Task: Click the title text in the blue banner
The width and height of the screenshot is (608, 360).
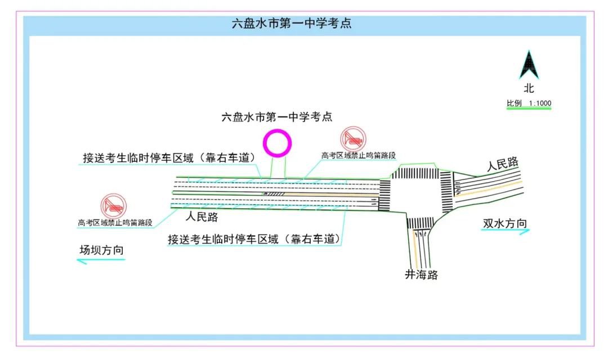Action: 292,24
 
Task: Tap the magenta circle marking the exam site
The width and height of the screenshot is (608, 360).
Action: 279,143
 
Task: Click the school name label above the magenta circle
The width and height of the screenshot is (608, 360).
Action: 278,117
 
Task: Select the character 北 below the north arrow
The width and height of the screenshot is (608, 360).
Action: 529,88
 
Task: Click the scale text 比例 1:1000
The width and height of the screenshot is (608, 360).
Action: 529,103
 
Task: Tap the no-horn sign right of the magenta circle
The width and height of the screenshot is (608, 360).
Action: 354,138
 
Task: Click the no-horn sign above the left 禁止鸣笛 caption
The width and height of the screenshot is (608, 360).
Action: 114,206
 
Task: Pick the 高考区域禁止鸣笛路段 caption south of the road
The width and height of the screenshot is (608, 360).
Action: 115,222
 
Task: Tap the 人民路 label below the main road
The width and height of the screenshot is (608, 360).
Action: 201,217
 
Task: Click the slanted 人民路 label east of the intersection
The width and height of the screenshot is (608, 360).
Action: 502,164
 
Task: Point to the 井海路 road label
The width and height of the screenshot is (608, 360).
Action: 421,274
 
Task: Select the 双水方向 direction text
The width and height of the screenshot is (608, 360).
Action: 505,222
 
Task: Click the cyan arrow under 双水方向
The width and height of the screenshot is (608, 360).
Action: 505,231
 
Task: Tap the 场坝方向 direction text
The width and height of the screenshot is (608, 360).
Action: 101,251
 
